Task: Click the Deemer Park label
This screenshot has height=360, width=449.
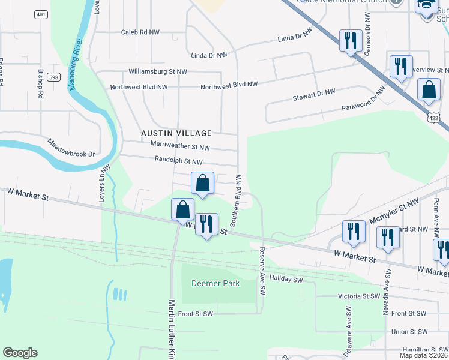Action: (215, 283)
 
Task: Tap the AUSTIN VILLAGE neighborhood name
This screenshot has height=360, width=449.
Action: (176, 133)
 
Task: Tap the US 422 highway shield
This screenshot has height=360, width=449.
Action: (433, 118)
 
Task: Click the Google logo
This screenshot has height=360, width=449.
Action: (20, 353)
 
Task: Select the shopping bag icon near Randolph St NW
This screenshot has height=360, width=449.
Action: (203, 182)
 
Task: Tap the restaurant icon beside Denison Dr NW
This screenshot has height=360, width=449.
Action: (350, 41)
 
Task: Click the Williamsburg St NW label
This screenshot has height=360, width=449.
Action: (158, 71)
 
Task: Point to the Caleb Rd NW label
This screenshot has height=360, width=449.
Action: (140, 32)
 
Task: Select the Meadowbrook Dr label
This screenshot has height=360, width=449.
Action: (71, 148)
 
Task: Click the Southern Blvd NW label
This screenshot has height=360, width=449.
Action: (238, 200)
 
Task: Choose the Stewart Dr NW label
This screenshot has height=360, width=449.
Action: (313, 94)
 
